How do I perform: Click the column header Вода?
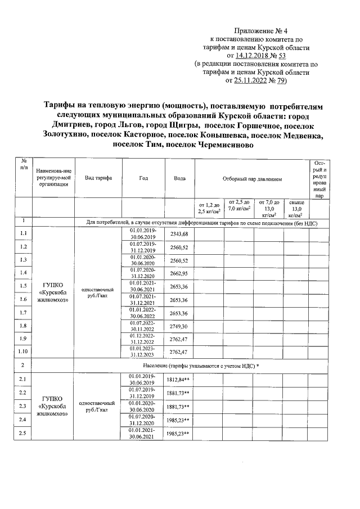pyautogui.click(x=179, y=178)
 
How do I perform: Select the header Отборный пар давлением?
pyautogui.click(x=251, y=178)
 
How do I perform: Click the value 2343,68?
pyautogui.click(x=178, y=233)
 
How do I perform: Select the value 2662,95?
pyautogui.click(x=178, y=272)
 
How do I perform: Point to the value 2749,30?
pyautogui.click(x=178, y=326)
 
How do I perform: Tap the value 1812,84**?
pyautogui.click(x=178, y=380)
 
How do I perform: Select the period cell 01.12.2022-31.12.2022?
pyautogui.click(x=143, y=339)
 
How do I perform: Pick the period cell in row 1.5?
pyautogui.click(x=143, y=285)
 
